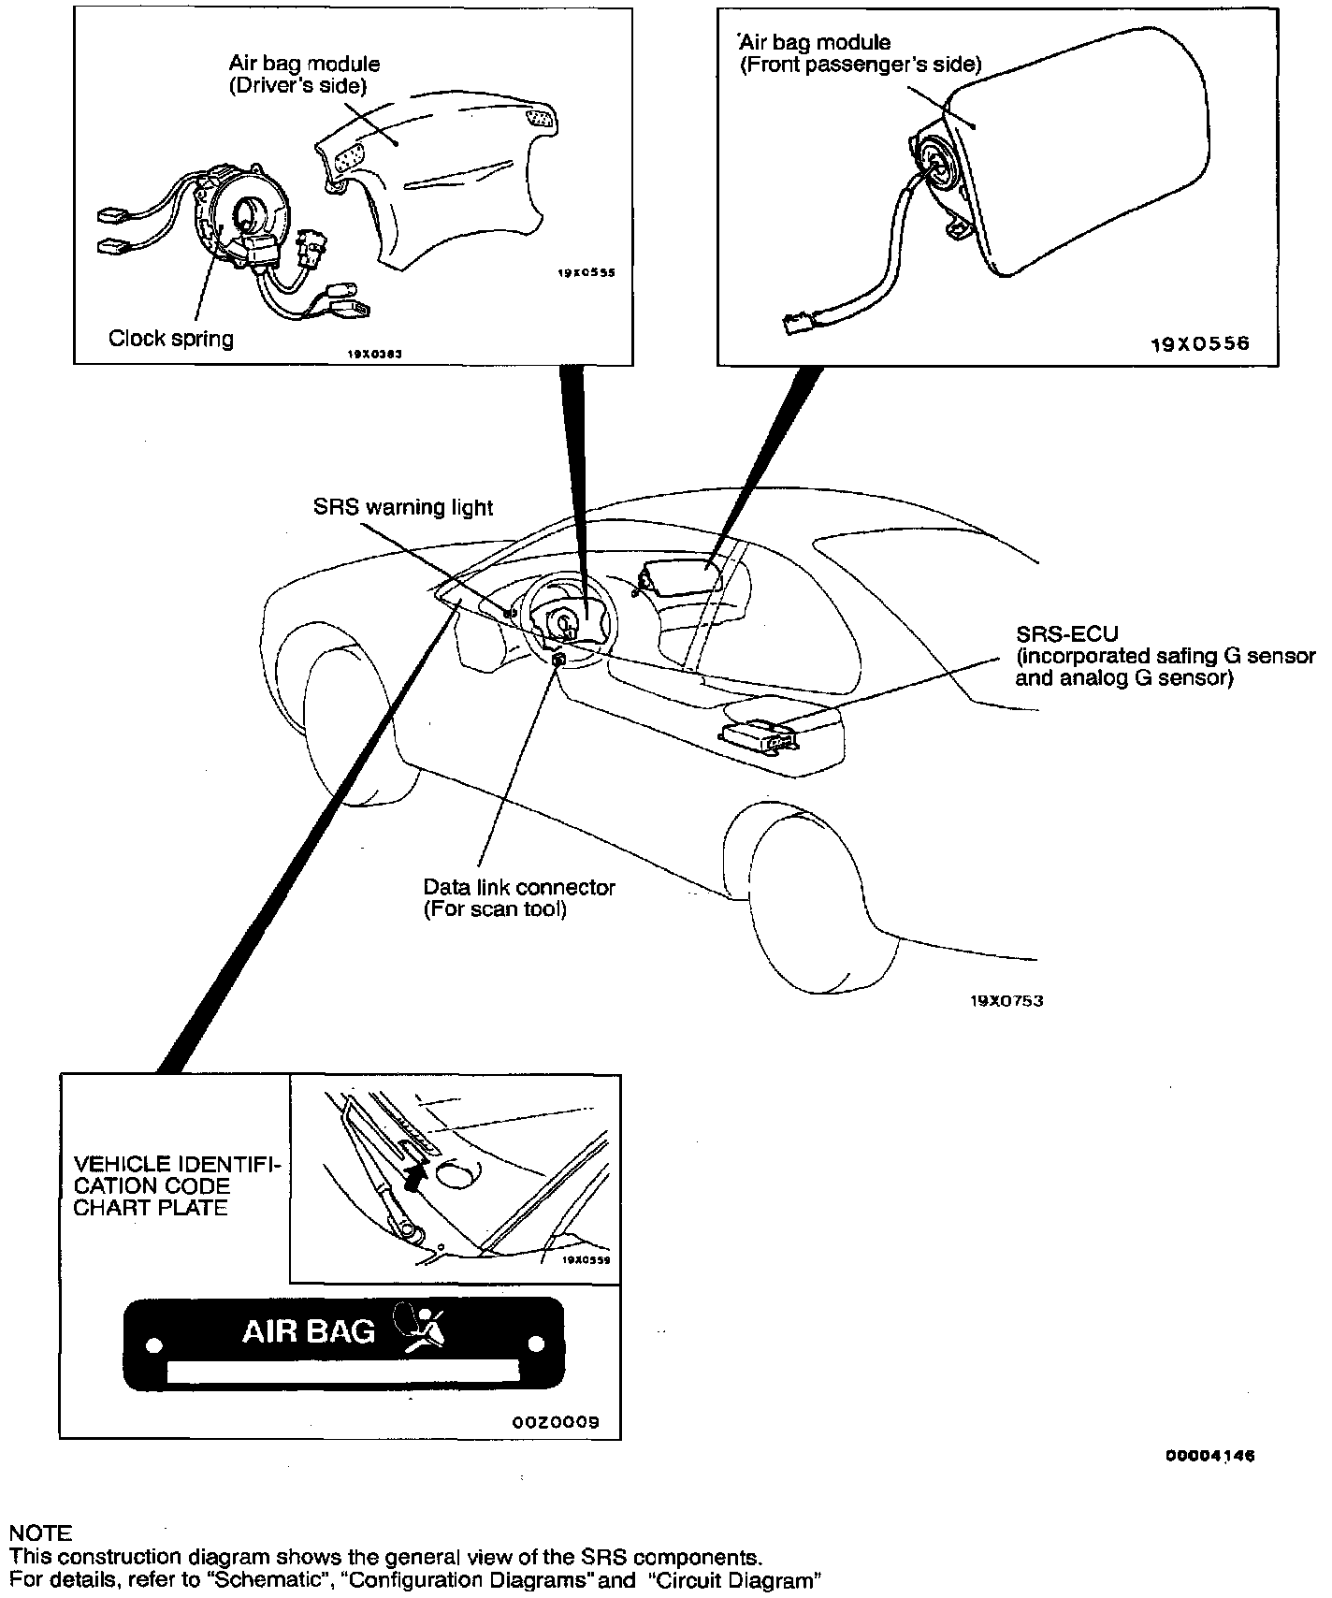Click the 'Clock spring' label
170,338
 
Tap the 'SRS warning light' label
402,507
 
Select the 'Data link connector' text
519,887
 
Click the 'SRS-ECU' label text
1066,633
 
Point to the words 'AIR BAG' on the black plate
309,1330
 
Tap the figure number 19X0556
1199,342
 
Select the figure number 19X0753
1006,1000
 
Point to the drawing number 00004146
1209,1482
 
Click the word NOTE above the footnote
39,1533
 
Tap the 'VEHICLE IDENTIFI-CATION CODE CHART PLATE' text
176,1185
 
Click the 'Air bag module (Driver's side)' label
304,74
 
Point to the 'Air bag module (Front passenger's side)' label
861,53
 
